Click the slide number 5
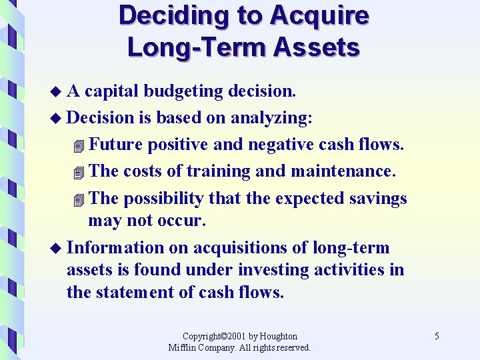coord(437,337)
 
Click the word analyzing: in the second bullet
coord(271,117)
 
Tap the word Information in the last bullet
coord(115,248)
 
